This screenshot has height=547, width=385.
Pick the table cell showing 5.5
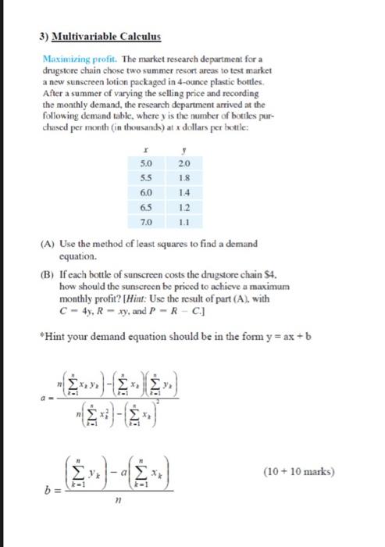point(146,177)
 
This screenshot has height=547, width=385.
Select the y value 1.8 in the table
point(184,177)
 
